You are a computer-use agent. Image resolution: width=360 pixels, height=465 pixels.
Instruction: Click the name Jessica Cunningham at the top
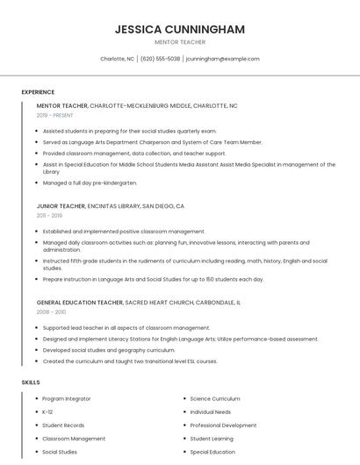pyautogui.click(x=180, y=29)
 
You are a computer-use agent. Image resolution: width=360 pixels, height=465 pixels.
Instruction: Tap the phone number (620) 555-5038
pyautogui.click(x=161, y=59)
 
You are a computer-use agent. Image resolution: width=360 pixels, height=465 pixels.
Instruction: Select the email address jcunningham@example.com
pyautogui.click(x=223, y=59)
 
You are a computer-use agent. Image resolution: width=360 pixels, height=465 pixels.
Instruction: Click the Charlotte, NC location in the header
pyautogui.click(x=118, y=59)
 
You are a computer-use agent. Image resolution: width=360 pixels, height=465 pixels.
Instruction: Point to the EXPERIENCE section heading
pyautogui.click(x=38, y=92)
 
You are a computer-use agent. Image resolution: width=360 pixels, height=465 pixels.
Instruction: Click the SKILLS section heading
pyautogui.click(x=31, y=383)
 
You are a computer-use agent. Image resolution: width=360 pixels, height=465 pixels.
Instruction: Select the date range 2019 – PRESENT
pyautogui.click(x=55, y=115)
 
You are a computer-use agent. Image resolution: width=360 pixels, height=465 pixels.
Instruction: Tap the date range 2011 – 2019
pyautogui.click(x=49, y=215)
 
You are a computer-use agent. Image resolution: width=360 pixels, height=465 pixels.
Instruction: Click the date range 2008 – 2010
pyautogui.click(x=51, y=311)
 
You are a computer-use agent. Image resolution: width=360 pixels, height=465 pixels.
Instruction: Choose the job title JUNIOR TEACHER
pyautogui.click(x=61, y=205)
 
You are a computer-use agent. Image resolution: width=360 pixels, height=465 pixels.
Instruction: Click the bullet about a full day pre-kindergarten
pyautogui.click(x=90, y=182)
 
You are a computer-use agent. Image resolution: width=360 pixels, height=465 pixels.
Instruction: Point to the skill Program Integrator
pyautogui.click(x=67, y=398)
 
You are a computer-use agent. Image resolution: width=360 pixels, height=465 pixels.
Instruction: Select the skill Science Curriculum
pyautogui.click(x=215, y=398)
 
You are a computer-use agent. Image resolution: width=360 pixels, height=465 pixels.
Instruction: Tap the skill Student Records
pyautogui.click(x=63, y=425)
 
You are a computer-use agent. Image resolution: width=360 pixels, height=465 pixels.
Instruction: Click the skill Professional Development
pyautogui.click(x=223, y=425)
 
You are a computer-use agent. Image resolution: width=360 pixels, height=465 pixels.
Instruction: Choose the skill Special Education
pyautogui.click(x=212, y=452)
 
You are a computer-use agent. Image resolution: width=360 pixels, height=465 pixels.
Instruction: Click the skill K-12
pyautogui.click(x=47, y=411)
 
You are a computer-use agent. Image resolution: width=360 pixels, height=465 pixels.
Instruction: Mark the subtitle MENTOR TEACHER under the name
pyautogui.click(x=180, y=41)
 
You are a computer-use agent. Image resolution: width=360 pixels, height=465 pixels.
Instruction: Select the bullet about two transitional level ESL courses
pyautogui.click(x=130, y=361)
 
